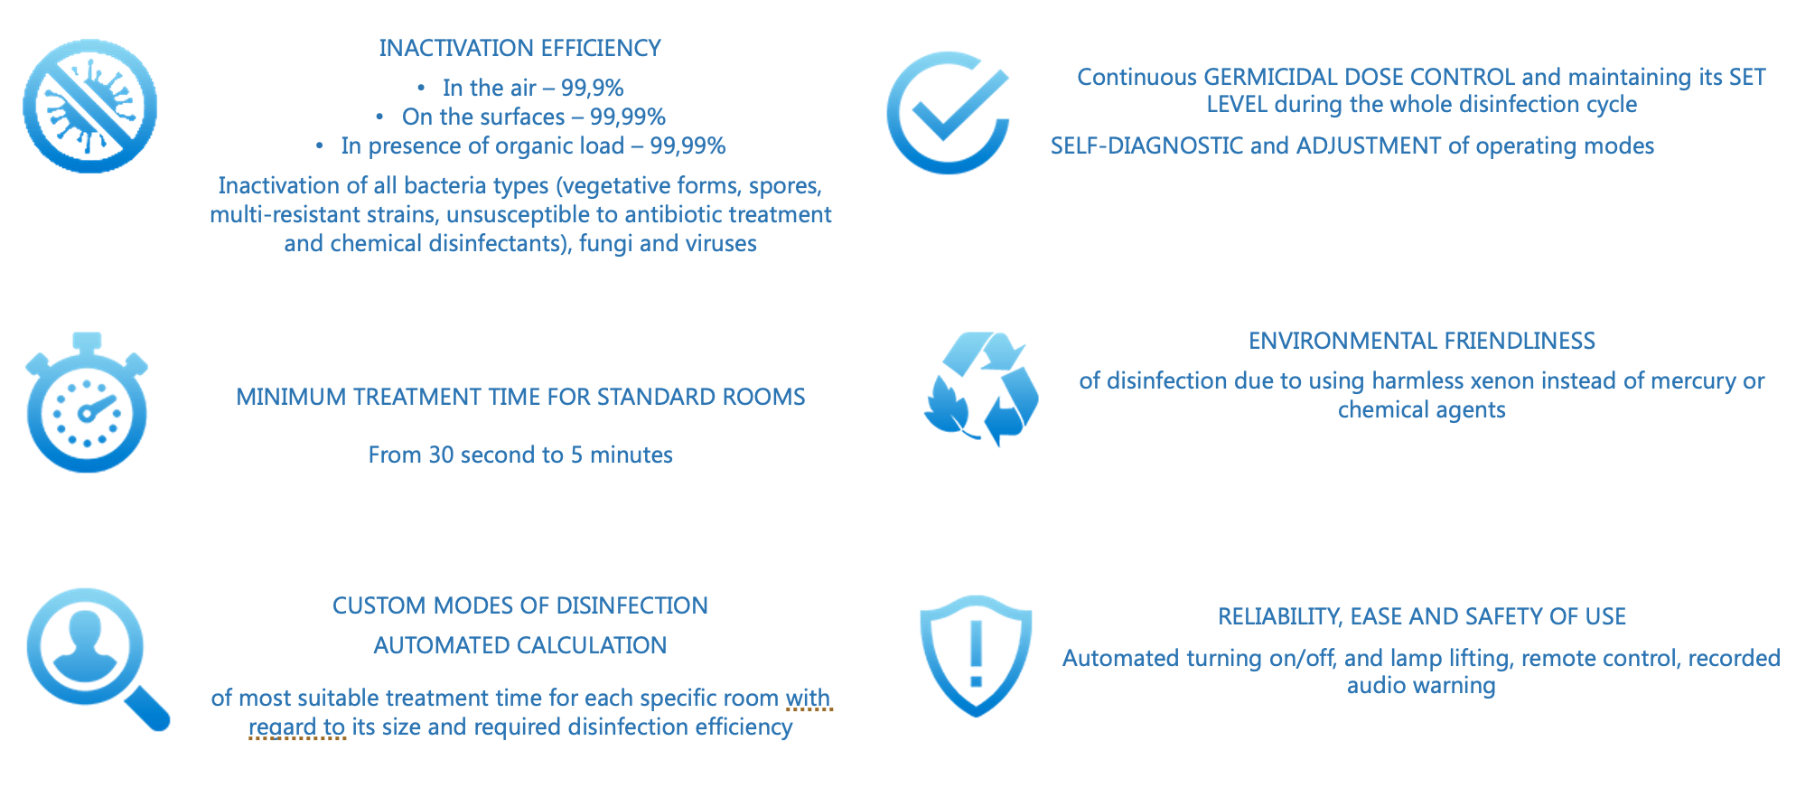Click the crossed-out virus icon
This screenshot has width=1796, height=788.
[x=89, y=106]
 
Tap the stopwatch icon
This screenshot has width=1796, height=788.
[x=87, y=403]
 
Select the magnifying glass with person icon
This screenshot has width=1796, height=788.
[x=97, y=659]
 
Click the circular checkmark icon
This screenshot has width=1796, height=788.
[x=948, y=112]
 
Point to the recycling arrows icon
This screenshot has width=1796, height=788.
[x=981, y=389]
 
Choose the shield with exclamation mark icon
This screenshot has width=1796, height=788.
[x=976, y=655]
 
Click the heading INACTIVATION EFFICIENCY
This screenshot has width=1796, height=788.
[x=520, y=48]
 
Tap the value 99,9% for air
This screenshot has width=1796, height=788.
[x=593, y=88]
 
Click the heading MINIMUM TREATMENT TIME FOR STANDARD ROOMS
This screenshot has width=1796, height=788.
[x=520, y=397]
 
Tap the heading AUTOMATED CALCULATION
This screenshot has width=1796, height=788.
[x=520, y=645]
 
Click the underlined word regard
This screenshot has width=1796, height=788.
[x=282, y=727]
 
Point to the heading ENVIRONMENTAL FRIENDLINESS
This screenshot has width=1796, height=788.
[x=1422, y=341]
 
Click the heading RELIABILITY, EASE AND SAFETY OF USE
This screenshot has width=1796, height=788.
[x=1422, y=616]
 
